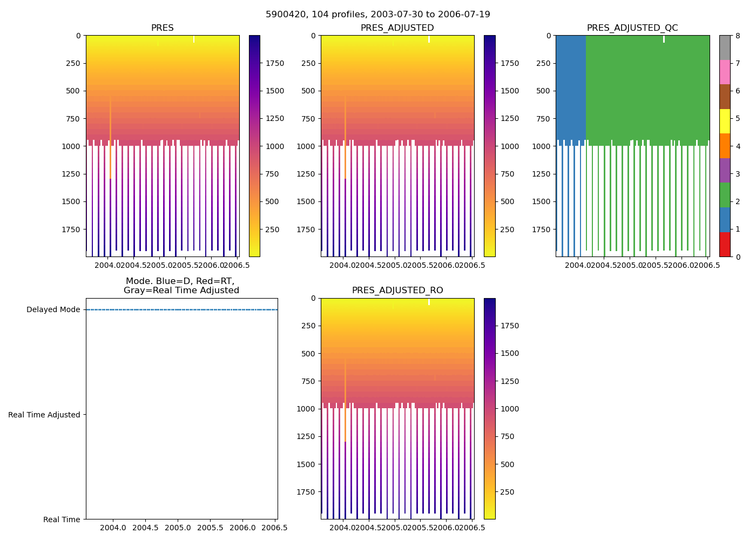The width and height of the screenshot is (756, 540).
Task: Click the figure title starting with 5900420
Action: (x=378, y=15)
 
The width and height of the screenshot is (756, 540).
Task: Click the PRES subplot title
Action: (x=162, y=28)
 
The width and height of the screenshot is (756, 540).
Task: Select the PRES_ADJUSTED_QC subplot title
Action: (x=632, y=28)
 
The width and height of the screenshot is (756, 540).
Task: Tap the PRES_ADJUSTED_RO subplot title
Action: (x=397, y=291)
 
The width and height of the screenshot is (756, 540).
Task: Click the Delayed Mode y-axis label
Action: (x=53, y=310)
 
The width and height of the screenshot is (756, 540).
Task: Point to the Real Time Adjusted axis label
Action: (x=44, y=415)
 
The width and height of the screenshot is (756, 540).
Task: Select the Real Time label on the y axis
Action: (x=62, y=519)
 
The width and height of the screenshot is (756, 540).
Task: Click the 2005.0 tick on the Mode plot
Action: (x=178, y=528)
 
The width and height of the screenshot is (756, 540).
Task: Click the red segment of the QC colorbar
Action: (x=725, y=244)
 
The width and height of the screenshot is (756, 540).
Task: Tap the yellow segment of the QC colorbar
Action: (x=725, y=121)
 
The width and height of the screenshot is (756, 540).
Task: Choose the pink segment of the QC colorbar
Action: (x=725, y=72)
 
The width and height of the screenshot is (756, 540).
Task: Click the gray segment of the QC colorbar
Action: (x=725, y=48)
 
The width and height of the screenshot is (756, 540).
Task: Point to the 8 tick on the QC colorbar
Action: (x=738, y=36)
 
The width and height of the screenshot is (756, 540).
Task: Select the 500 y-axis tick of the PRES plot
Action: (x=73, y=91)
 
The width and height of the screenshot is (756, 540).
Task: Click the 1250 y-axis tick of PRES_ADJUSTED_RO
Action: (x=306, y=436)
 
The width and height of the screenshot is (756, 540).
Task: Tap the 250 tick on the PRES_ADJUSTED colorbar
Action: (x=510, y=230)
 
